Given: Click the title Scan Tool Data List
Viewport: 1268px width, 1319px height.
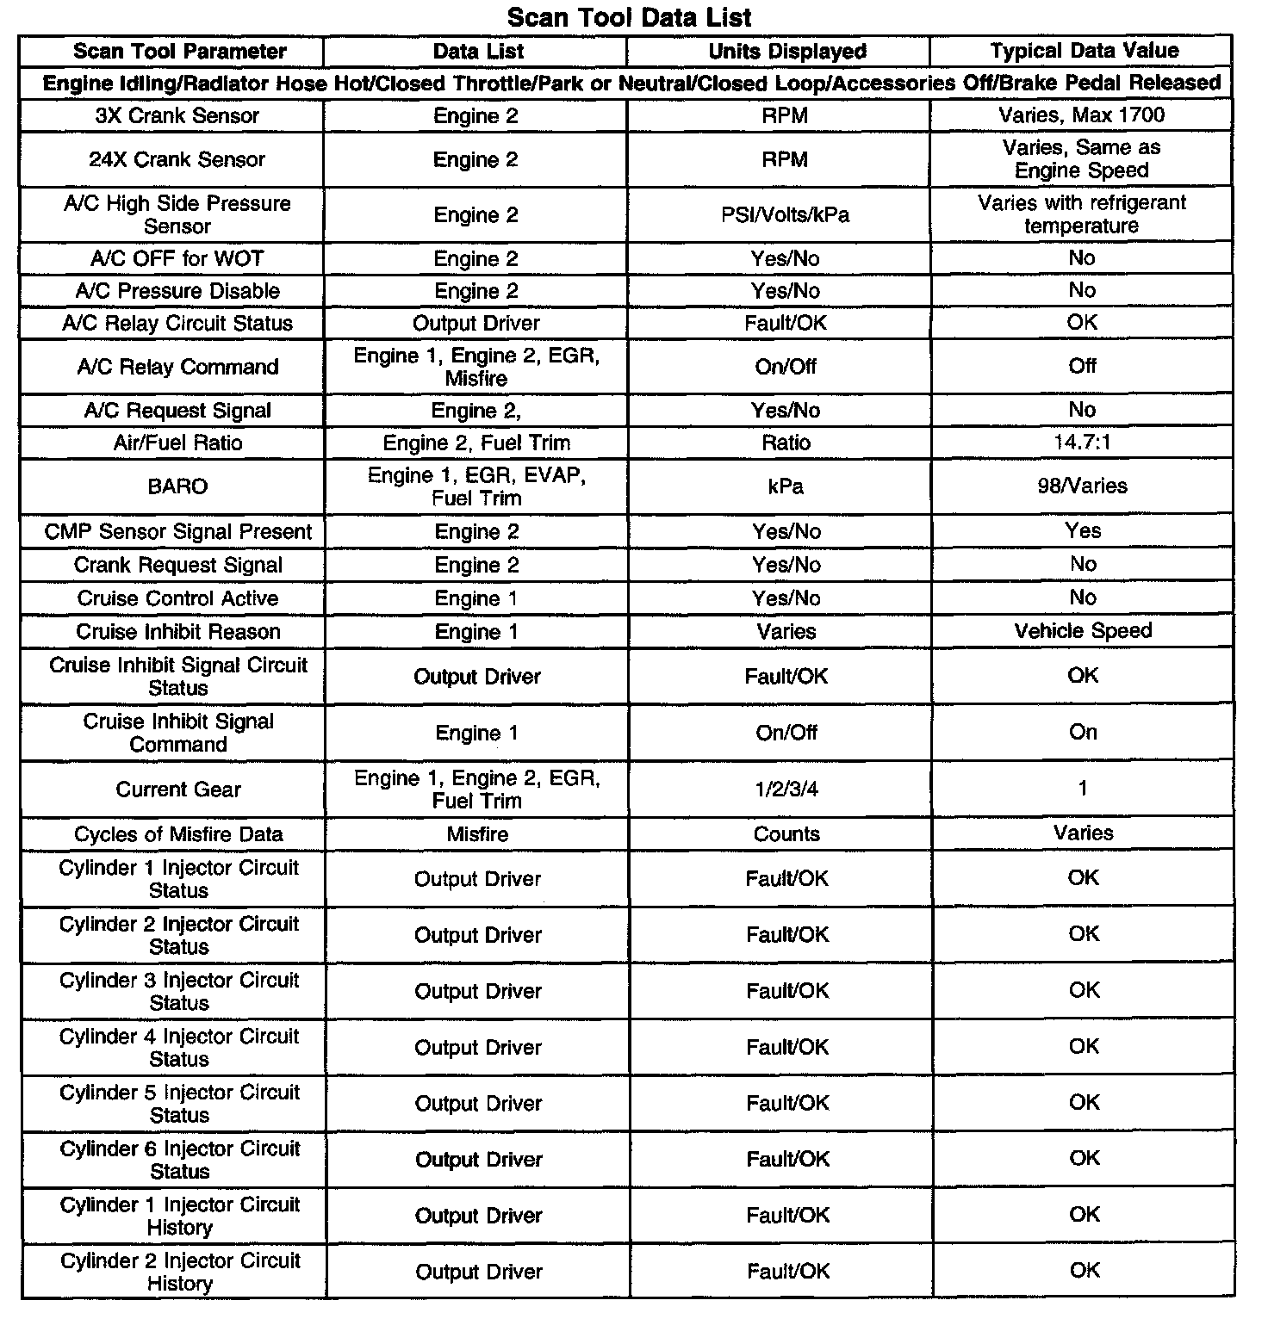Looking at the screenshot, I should coord(629,17).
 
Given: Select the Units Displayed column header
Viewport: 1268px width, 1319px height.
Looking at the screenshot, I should coord(786,52).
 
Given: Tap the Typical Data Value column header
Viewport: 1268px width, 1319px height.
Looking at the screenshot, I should coord(1084,51).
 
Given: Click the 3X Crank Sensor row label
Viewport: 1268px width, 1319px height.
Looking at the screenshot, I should coord(177,116).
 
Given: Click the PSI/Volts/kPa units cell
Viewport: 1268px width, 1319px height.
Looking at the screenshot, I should coord(786,215).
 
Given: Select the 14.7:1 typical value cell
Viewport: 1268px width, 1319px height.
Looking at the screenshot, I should coord(1082,443).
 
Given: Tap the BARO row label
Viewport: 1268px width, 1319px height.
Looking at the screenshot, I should coord(177,487).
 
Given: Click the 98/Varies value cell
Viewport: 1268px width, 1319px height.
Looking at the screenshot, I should coord(1082,486).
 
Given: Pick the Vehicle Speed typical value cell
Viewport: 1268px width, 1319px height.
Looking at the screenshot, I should coord(1083,631).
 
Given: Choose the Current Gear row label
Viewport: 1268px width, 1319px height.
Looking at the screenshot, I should coord(178,790).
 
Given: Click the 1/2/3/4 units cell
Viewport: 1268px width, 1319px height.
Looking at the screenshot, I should coord(786,790).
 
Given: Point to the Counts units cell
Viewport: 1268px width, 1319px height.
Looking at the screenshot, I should coord(786,834).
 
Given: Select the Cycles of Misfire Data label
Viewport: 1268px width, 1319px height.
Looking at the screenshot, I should coord(178,834).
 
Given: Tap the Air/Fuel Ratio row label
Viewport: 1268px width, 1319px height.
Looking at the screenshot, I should coord(178,443).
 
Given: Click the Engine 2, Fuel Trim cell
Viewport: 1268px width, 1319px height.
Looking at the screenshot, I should coord(476,443).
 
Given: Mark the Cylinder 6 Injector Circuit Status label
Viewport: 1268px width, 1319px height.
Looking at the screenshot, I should coord(179,1160).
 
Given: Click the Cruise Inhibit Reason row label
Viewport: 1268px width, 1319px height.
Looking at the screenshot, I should coord(178,632).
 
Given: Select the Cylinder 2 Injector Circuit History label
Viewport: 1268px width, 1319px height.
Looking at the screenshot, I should coord(179,1272).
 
